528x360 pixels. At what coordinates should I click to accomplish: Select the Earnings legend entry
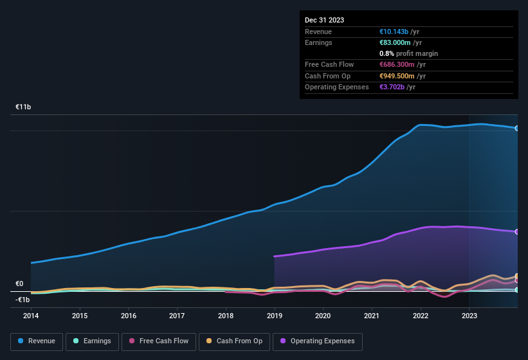91,341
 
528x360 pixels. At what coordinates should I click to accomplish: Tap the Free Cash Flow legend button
158,341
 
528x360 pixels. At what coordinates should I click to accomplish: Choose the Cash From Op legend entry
233,341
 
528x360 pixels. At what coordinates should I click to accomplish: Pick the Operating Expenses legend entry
318,341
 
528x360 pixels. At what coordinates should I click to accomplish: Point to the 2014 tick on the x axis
31,316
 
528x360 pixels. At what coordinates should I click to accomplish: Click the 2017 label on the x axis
177,316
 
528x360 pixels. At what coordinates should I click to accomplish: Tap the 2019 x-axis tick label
275,316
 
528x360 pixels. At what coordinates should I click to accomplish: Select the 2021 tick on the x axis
372,316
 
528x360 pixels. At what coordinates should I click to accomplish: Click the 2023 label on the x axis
469,316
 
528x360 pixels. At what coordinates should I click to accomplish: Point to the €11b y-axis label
23,107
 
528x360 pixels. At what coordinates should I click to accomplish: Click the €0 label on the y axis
19,283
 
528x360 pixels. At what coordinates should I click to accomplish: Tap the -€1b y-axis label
23,300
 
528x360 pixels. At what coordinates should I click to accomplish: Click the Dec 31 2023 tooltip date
324,20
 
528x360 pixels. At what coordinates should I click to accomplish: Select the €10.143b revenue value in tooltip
399,32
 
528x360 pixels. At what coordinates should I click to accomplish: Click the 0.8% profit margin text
408,53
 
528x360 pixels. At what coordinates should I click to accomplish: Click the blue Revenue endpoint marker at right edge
517,128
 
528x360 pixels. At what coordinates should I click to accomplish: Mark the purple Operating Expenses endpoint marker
517,231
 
